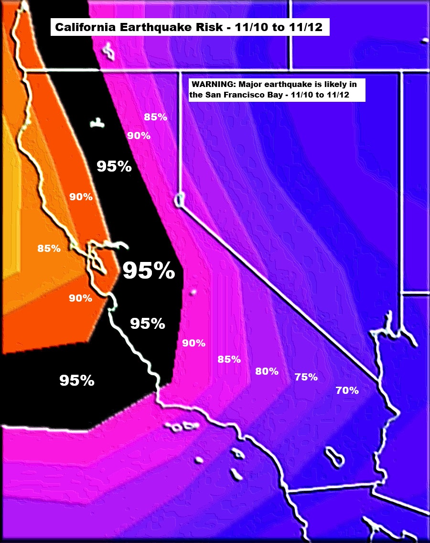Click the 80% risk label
[x=267, y=371]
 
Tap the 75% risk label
[x=306, y=377]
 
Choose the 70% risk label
[x=347, y=390]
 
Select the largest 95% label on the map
[x=149, y=271]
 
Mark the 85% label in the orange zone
[x=49, y=249]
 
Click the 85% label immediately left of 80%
[x=229, y=359]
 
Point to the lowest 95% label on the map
[x=76, y=380]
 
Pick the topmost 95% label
[x=114, y=166]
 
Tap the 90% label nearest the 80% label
[x=193, y=343]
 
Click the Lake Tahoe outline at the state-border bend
[x=179, y=200]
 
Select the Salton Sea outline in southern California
[x=335, y=457]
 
